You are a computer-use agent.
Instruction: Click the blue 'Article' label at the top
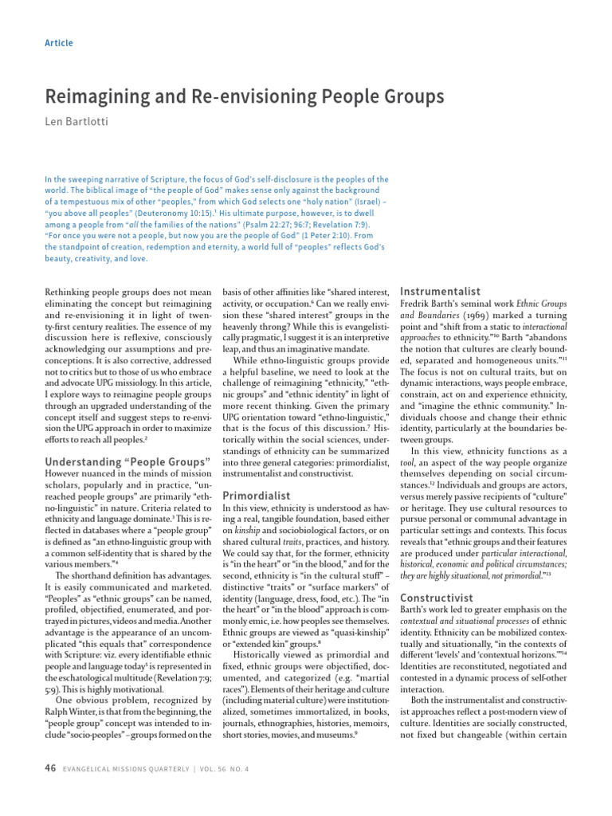(60, 42)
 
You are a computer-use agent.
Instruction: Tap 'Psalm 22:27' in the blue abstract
(283, 225)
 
